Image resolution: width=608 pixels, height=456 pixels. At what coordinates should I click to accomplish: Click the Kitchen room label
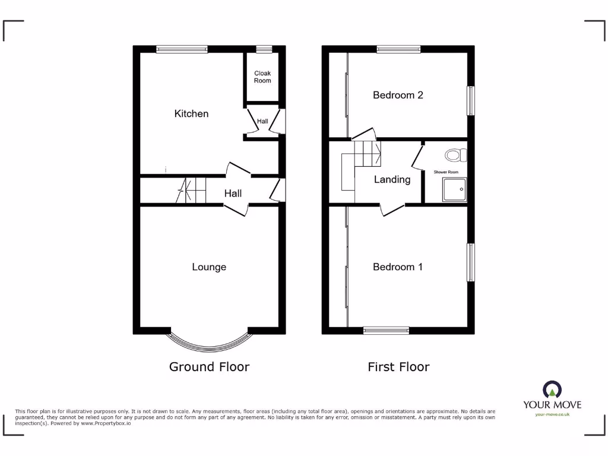point(191,113)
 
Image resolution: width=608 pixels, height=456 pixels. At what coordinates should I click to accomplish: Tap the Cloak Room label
point(262,77)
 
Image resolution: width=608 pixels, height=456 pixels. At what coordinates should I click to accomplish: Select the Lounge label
point(209,267)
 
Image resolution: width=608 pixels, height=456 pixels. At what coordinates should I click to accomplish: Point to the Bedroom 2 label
point(398,95)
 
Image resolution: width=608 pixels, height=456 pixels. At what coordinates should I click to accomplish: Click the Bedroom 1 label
point(398,267)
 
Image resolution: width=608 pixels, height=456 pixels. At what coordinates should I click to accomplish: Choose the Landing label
point(392,179)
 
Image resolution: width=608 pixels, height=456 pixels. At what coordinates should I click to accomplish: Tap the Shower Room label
point(446,172)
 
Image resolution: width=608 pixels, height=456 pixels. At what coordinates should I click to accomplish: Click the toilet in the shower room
point(455,156)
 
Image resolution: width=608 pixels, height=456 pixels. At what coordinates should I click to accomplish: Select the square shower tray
point(454,189)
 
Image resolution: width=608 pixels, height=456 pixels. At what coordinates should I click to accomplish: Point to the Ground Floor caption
point(209,367)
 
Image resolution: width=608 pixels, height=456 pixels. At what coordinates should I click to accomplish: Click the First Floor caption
point(398,367)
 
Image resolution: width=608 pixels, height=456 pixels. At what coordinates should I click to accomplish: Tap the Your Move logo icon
point(552,389)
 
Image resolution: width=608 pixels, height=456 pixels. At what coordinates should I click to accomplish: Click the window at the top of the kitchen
point(182,50)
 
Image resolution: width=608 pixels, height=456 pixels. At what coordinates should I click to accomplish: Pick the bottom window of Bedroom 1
point(386,330)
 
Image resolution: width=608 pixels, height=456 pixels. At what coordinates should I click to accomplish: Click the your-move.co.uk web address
point(552,414)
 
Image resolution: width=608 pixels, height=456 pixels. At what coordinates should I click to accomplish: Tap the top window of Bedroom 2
point(398,50)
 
